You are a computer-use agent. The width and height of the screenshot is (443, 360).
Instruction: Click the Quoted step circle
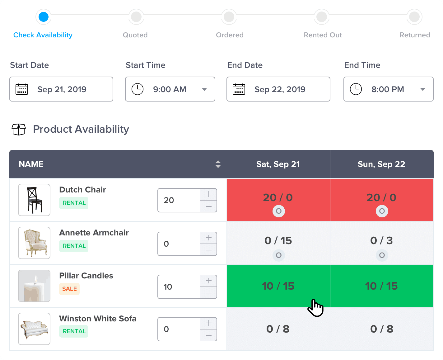(136, 17)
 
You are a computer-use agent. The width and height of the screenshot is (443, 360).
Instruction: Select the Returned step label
(415, 35)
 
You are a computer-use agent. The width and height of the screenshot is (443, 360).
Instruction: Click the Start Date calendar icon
(22, 89)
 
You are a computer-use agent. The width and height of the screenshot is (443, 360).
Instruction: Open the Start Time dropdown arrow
(204, 89)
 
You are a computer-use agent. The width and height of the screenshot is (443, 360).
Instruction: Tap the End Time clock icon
(356, 89)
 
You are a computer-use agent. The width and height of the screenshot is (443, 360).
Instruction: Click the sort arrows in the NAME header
(218, 164)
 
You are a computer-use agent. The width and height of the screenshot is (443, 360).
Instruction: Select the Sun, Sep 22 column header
(381, 164)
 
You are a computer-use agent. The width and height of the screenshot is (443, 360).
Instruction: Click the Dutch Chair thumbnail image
(34, 200)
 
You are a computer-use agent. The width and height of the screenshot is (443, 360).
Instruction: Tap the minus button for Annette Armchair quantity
(209, 250)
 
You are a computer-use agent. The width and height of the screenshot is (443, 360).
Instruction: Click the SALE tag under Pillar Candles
(69, 289)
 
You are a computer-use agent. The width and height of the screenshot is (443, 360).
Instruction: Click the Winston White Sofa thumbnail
(34, 329)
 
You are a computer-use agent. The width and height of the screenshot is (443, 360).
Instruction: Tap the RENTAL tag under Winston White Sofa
(74, 331)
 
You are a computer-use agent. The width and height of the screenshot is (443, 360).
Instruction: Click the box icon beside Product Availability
(19, 129)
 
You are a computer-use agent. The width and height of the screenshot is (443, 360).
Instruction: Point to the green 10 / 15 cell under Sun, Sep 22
(381, 286)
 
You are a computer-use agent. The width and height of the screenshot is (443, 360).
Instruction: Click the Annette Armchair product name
(94, 233)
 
